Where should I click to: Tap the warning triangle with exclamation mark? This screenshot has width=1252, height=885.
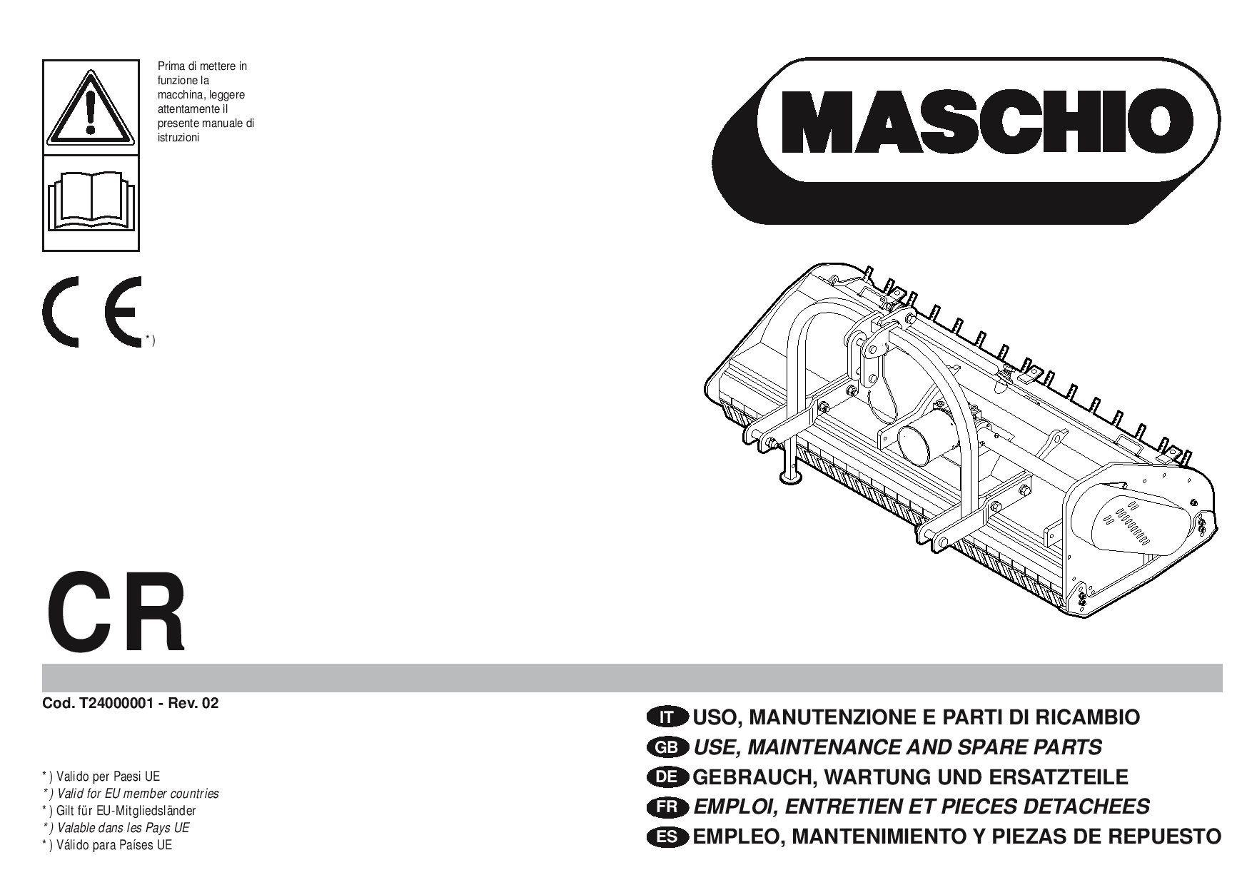pos(91,106)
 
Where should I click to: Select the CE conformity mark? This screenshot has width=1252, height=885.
pos(93,312)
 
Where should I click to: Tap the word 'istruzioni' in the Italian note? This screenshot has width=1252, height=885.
pos(178,138)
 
